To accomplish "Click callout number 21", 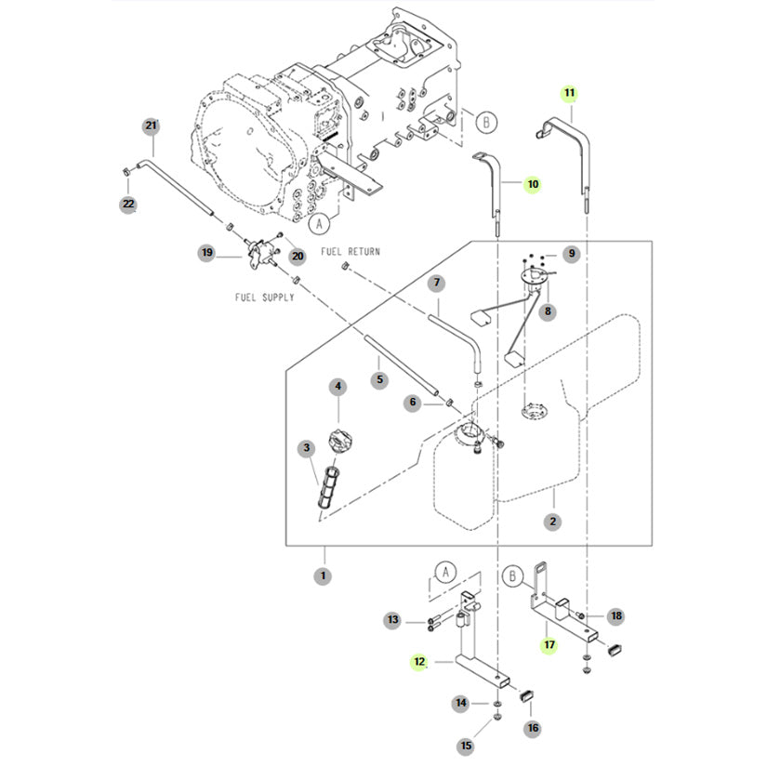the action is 152,126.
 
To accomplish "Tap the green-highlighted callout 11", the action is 569,93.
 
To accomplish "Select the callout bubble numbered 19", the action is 207,253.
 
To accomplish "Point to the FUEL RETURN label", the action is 350,251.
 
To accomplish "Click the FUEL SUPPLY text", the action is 265,298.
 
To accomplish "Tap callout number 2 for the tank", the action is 553,522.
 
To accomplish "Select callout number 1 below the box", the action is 323,575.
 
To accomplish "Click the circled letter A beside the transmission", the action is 320,224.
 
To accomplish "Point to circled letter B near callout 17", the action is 512,576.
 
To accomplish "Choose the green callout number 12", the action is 419,662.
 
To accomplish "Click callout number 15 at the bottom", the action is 466,746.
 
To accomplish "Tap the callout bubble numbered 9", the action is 572,254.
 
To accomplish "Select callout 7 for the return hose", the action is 436,283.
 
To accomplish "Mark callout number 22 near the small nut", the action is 128,204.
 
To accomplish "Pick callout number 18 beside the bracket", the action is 616,616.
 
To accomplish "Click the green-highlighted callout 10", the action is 533,184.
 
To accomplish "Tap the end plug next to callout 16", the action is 526,695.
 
